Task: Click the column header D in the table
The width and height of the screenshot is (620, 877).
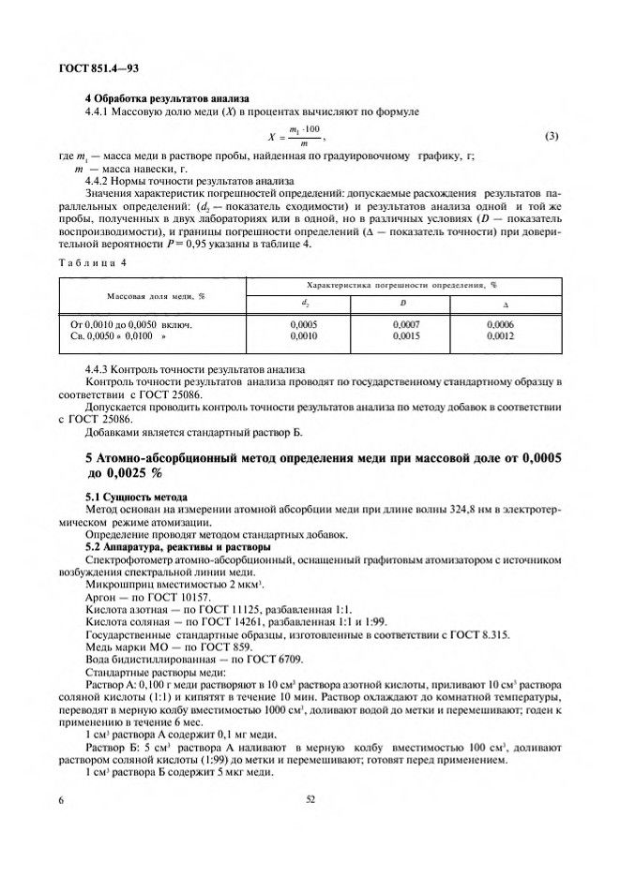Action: coord(403,304)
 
